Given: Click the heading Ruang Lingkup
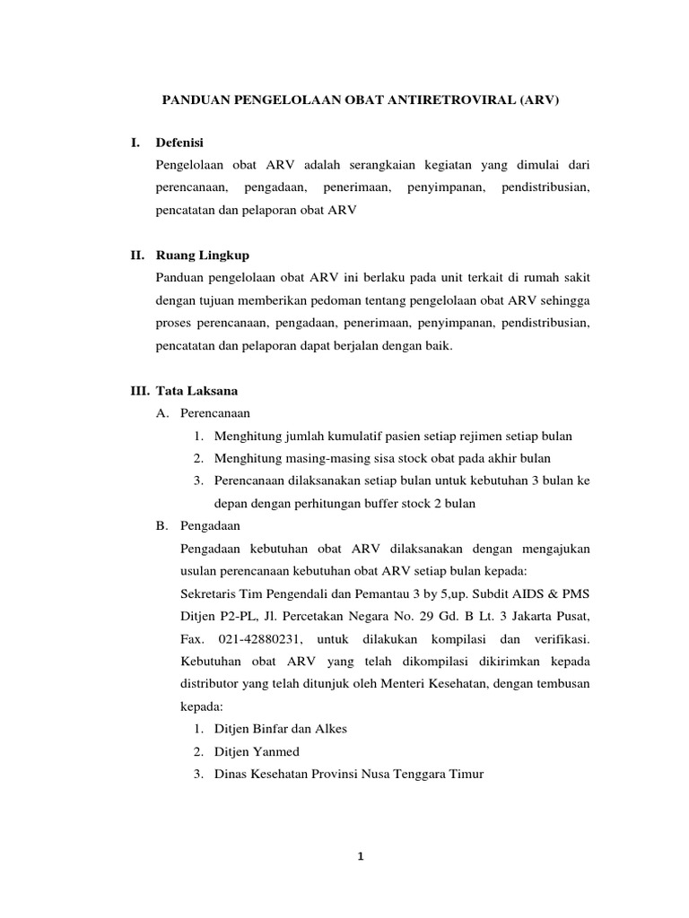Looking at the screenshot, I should tap(204, 255).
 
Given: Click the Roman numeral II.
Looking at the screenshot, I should tap(138, 255).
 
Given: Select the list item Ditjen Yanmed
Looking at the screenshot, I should tap(257, 751).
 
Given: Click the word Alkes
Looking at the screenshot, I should tap(329, 729).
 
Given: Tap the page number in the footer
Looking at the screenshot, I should tap(359, 856).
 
